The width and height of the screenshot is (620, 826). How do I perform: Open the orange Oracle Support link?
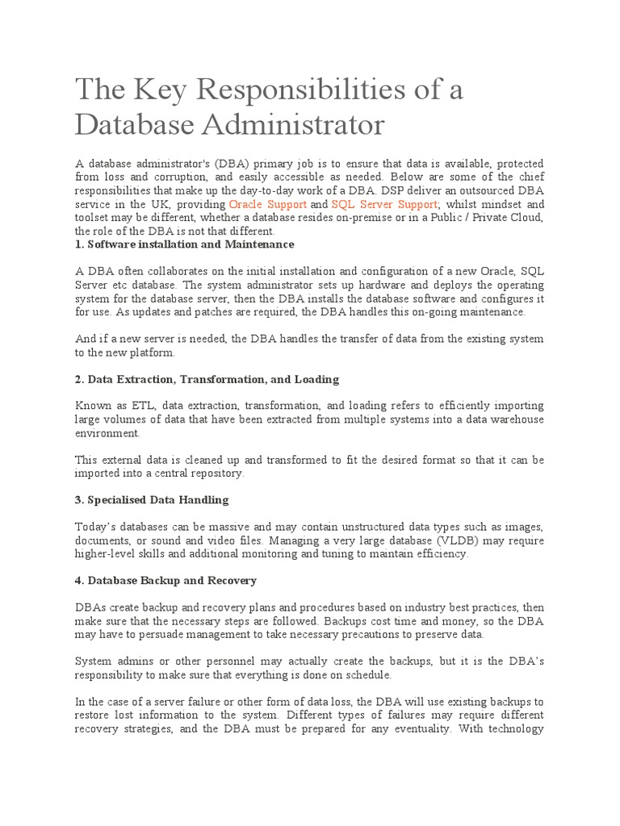[268, 205]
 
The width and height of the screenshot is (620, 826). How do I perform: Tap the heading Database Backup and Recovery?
[165, 580]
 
